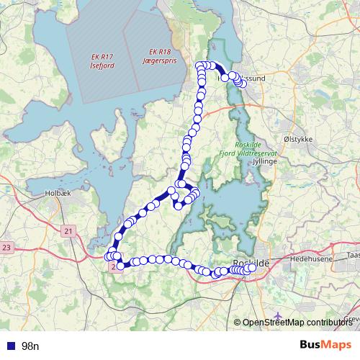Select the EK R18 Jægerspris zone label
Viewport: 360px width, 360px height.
click(x=159, y=56)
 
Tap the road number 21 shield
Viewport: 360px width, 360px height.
click(x=68, y=231)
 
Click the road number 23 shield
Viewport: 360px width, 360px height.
click(x=7, y=247)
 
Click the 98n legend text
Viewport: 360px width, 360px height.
click(x=30, y=346)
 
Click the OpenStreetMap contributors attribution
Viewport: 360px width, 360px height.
click(x=297, y=323)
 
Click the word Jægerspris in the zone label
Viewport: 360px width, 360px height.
click(x=159, y=60)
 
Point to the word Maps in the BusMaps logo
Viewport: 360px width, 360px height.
click(x=336, y=344)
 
